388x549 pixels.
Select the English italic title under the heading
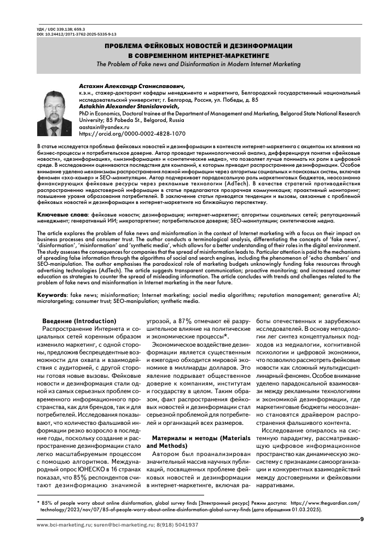point(198,64)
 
